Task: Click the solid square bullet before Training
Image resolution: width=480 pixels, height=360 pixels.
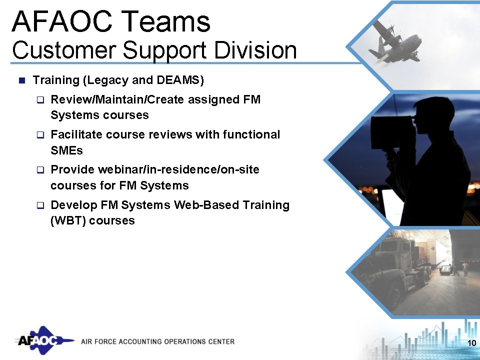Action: point(21,80)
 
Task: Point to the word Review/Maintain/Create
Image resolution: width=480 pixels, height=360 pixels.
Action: point(118,99)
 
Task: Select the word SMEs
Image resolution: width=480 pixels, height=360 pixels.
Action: point(66,150)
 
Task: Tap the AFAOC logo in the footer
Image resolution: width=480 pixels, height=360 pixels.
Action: point(42,341)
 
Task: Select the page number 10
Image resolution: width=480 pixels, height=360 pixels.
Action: point(470,342)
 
